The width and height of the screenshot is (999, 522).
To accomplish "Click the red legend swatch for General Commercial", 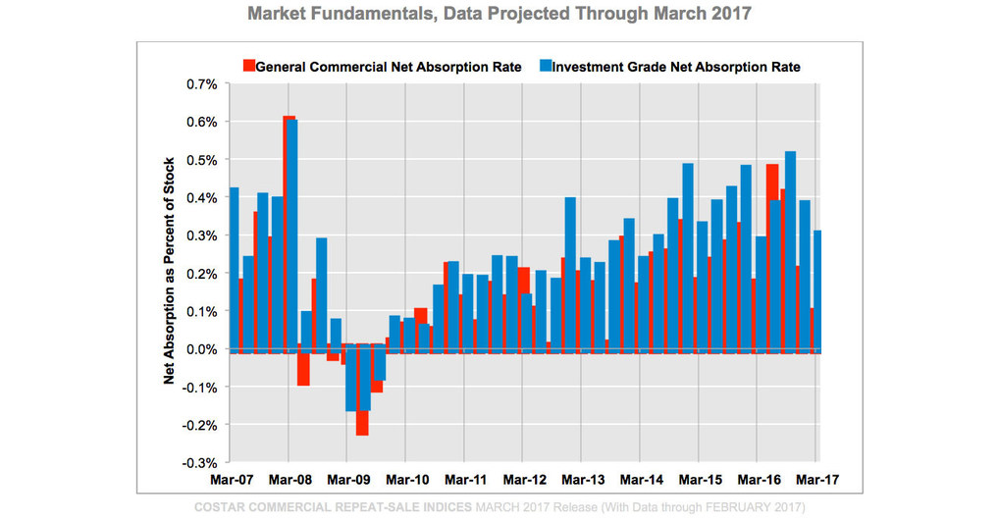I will [x=248, y=67].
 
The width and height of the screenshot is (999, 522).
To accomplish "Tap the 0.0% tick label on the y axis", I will [x=203, y=349].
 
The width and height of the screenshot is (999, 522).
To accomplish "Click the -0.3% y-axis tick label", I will [x=201, y=462].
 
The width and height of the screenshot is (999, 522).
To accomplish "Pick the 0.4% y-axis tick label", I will [x=203, y=197].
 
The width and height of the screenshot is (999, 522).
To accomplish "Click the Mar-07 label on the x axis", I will [x=232, y=481].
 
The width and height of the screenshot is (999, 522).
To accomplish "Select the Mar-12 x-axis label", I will [x=525, y=481].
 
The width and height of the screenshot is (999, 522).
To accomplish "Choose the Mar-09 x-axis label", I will [x=348, y=481].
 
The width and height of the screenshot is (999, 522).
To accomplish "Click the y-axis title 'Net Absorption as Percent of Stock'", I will [x=169, y=271].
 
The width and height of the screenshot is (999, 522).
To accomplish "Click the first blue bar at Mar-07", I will [x=234, y=265].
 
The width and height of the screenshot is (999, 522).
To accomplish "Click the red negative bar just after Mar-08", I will [x=303, y=369].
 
